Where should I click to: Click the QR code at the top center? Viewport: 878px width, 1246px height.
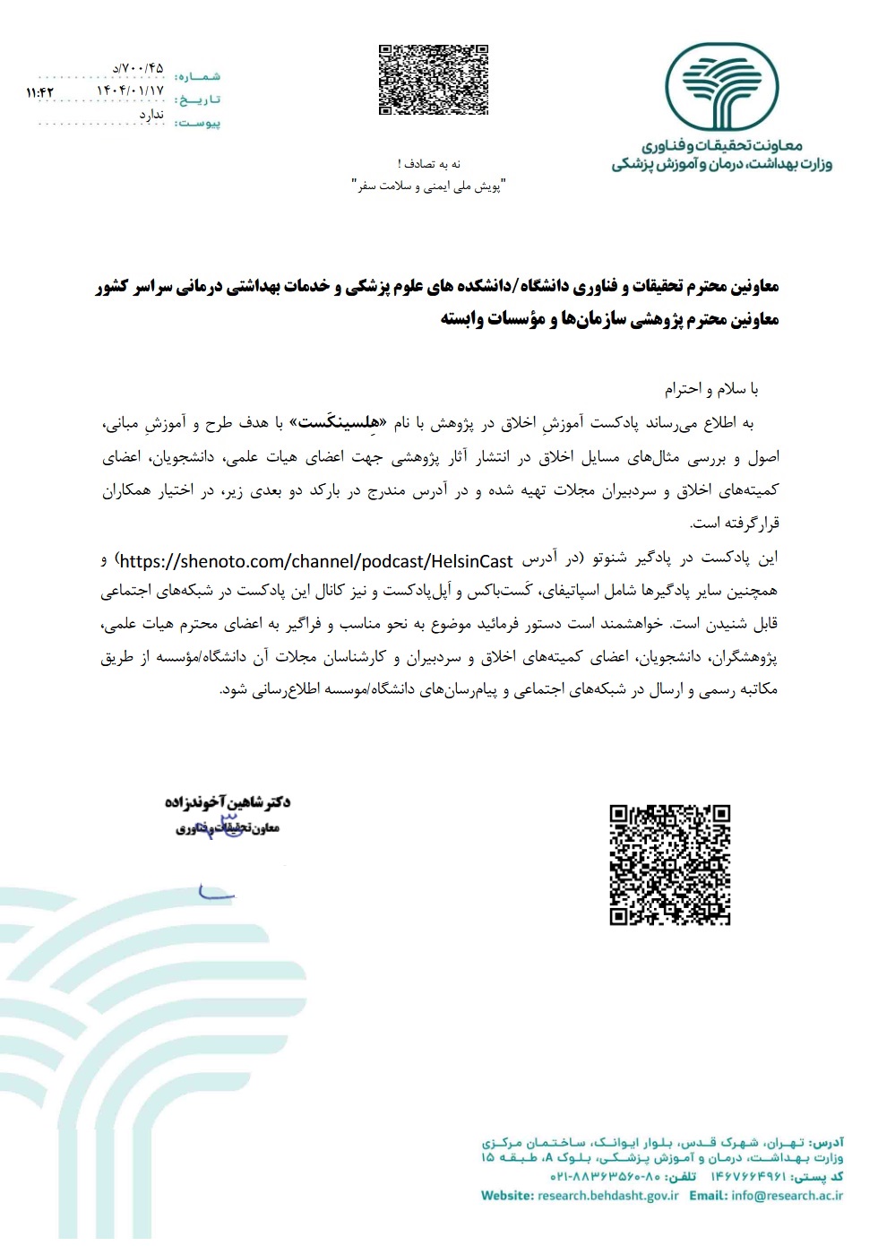pos(434,80)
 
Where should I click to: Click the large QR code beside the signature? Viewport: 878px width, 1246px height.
pos(670,864)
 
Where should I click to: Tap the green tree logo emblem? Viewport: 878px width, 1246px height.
pos(721,87)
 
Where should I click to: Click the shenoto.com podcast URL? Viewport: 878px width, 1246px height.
pos(316,561)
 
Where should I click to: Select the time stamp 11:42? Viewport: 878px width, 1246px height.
pos(40,92)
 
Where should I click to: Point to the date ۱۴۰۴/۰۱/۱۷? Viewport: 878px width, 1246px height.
pos(131,91)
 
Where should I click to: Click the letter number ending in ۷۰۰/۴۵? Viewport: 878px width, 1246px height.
pos(139,68)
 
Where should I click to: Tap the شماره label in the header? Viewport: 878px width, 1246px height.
pos(198,76)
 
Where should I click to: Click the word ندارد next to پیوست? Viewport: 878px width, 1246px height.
pos(151,114)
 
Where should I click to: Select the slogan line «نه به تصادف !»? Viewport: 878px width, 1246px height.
pos(429,163)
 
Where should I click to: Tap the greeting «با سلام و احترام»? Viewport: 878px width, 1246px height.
pos(711,388)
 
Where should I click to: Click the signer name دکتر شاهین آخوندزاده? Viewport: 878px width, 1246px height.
pos(228,801)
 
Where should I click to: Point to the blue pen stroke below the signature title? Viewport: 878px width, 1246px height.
pos(216,893)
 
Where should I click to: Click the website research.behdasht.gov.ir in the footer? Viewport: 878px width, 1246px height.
pos(607,1195)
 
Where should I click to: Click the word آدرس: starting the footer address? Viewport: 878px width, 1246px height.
pos(827,1142)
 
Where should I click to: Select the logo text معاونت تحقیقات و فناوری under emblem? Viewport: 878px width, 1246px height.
pos(722,145)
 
